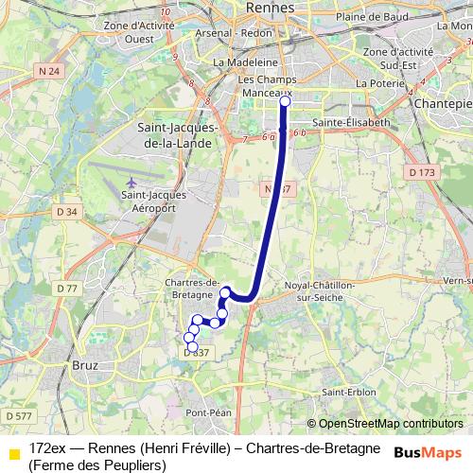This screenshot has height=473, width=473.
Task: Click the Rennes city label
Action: point(270,8)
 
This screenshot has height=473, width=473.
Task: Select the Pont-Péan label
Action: point(208,412)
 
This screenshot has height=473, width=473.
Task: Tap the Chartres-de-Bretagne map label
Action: point(192,288)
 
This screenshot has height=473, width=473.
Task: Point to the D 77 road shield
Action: point(66,288)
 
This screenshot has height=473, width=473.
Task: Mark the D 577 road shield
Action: point(17,415)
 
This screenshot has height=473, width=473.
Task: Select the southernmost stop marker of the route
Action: point(191,348)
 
